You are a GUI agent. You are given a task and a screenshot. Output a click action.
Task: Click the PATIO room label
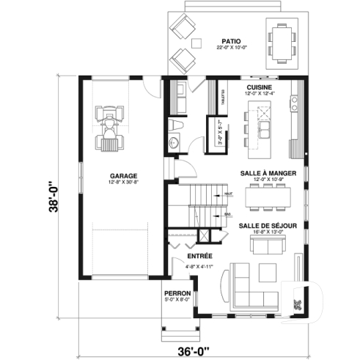(231, 40)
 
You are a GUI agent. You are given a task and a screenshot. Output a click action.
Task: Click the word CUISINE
(259, 87)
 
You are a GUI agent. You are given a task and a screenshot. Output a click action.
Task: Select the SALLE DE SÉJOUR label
(268, 226)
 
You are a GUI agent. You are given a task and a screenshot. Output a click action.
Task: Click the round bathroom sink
(174, 142)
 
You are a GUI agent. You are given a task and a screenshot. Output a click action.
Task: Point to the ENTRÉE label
(199, 256)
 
